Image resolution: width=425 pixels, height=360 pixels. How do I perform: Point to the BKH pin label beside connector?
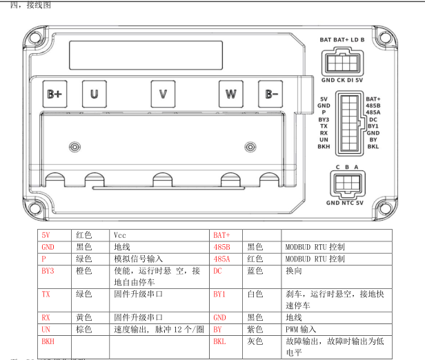click(323, 146)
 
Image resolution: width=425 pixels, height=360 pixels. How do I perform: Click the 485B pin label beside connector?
click(373, 106)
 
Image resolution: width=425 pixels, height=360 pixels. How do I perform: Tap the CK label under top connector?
click(342, 81)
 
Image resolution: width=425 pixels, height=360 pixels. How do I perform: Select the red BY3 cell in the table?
click(48, 271)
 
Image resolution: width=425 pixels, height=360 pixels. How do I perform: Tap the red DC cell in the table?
click(217, 271)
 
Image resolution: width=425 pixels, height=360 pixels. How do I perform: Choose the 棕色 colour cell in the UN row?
click(84, 330)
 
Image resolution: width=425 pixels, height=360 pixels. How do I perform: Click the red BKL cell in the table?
click(219, 341)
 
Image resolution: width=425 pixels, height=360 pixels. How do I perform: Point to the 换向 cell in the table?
click(293, 271)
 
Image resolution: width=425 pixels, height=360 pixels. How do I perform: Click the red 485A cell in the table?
click(221, 259)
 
